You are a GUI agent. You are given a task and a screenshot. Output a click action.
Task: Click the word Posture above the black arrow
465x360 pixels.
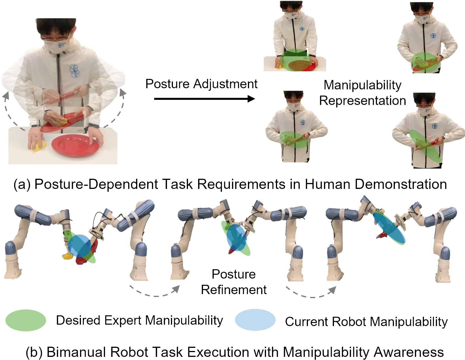pos(167,84)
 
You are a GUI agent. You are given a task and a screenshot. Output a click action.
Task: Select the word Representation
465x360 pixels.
pos(363,101)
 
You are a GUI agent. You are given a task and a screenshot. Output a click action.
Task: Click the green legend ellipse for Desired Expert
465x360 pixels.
pos(26,320)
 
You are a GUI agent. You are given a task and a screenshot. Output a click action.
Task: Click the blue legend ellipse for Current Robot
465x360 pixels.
pos(255,320)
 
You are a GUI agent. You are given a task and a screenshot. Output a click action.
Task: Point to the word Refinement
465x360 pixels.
pos(234,290)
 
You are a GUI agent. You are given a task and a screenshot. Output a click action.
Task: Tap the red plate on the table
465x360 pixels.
pos(76,145)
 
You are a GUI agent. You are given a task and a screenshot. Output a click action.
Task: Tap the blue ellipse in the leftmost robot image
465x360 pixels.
pos(80,245)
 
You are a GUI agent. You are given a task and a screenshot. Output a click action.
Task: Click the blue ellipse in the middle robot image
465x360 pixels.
pos(236,238)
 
